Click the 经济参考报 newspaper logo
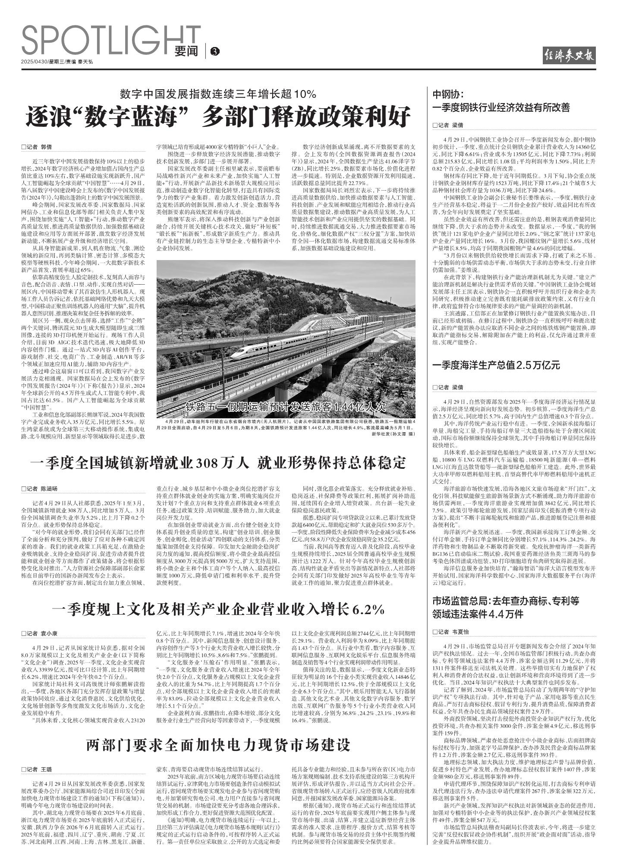[x=569, y=56]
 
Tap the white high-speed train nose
[x=236, y=355]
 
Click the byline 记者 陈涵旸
[x=39, y=489]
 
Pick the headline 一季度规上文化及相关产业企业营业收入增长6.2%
[x=218, y=609]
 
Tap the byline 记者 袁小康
[x=39, y=634]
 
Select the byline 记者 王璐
[x=37, y=769]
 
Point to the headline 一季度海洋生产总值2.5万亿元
[x=496, y=365]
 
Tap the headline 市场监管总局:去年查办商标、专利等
[x=506, y=601]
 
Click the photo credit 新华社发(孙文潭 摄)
[x=393, y=433]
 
